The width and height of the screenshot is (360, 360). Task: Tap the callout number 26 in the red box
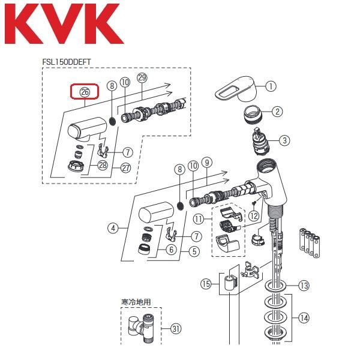[85, 92]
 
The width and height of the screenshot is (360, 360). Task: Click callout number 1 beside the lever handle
[271, 86]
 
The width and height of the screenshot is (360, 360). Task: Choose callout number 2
[277, 111]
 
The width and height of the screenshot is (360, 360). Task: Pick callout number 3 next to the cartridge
[284, 140]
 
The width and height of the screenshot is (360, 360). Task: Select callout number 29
[142, 79]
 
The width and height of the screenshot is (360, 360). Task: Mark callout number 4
[112, 227]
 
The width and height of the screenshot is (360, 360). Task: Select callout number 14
[304, 317]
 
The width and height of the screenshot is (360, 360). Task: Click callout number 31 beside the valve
[176, 328]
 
